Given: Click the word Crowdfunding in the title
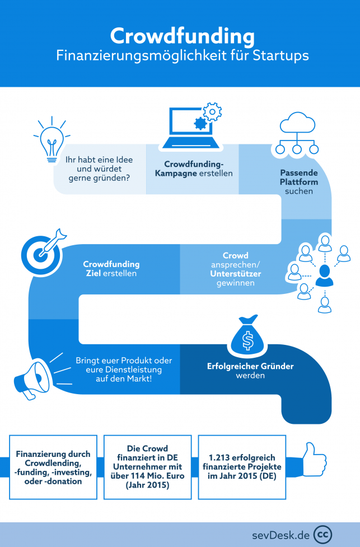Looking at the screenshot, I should (x=181, y=36).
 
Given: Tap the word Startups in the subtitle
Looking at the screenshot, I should (x=278, y=57).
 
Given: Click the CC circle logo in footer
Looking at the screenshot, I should (x=323, y=534).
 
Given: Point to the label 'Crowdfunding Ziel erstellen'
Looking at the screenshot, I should (x=111, y=269).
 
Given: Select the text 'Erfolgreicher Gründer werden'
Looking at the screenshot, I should (x=250, y=371).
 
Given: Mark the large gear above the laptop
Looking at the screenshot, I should (x=212, y=113).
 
